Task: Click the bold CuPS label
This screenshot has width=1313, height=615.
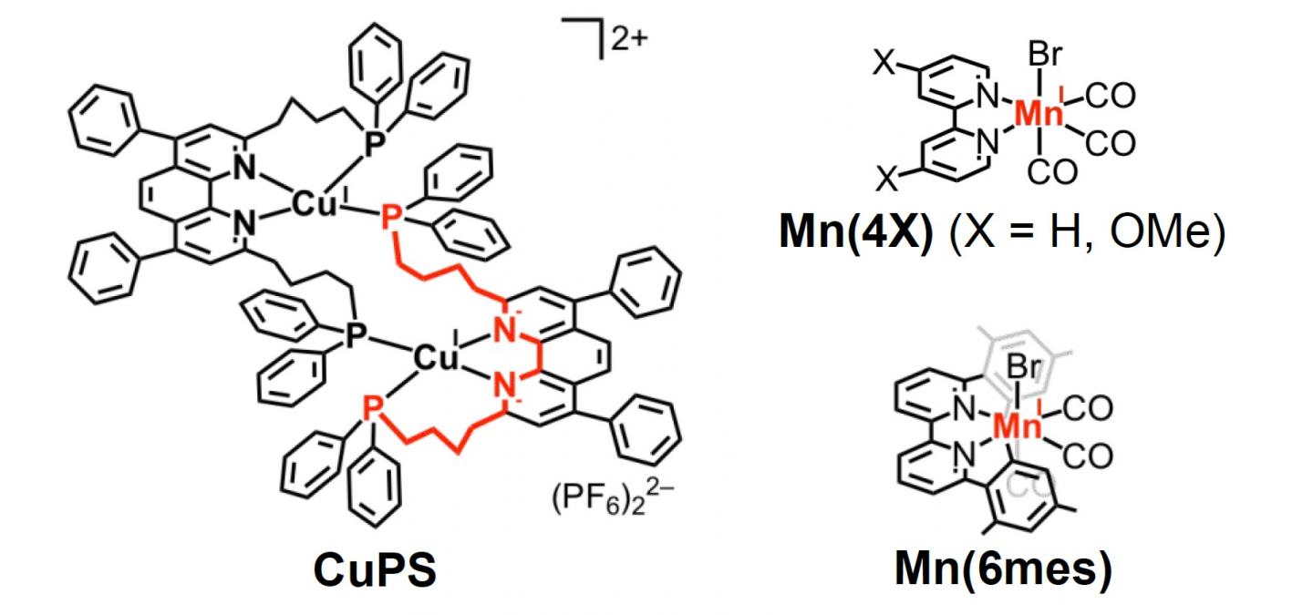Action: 375,569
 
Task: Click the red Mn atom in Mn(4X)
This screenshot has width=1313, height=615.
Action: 1041,114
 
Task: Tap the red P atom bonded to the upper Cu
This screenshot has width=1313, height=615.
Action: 390,219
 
